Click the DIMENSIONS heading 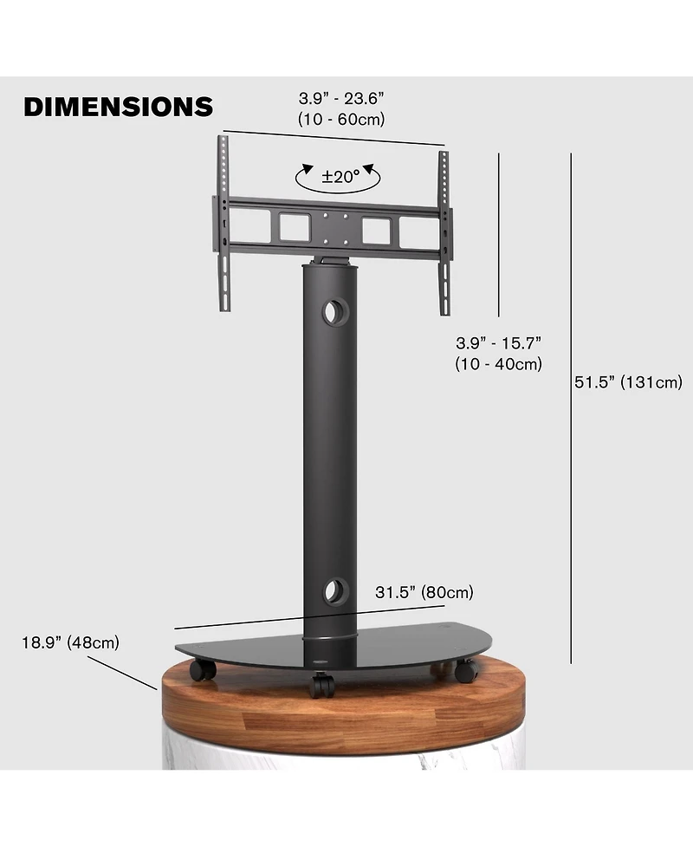(x=118, y=107)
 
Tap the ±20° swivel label (x=340, y=177)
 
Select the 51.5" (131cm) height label (x=628, y=382)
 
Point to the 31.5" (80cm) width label (x=424, y=594)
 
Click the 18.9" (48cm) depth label (x=70, y=643)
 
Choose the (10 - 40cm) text (x=498, y=364)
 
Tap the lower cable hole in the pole (x=333, y=593)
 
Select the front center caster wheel (x=322, y=686)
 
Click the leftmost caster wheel (x=204, y=669)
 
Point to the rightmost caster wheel (x=465, y=669)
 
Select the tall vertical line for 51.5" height (x=572, y=407)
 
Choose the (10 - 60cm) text (x=340, y=119)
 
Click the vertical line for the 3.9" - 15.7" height (x=499, y=234)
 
